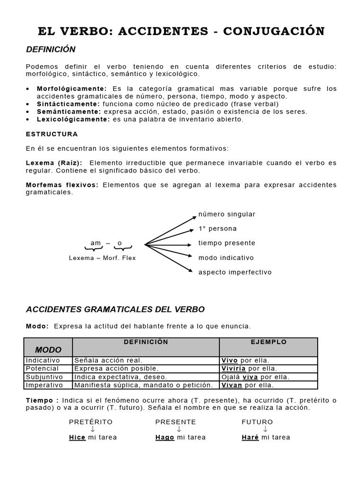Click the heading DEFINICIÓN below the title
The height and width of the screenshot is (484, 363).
click(51, 50)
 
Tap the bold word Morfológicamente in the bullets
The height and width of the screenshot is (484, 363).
click(72, 89)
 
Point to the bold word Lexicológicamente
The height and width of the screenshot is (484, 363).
click(74, 119)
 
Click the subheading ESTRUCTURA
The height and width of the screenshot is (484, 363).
click(52, 134)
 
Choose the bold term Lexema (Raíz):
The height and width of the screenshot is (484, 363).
click(54, 163)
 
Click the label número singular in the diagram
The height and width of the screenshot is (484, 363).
click(227, 214)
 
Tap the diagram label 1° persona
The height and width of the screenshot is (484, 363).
click(217, 229)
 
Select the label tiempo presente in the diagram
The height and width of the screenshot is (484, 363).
click(227, 243)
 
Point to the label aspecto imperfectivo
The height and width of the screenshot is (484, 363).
click(235, 272)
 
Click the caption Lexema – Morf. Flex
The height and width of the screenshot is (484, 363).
click(102, 258)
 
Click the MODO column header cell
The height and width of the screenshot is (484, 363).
click(48, 350)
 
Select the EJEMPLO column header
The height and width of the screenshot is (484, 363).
click(268, 342)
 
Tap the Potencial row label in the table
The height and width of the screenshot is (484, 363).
click(43, 369)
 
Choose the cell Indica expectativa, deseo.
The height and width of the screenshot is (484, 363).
click(121, 377)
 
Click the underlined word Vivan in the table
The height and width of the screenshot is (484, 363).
click(232, 385)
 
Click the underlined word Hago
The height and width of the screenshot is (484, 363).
click(165, 438)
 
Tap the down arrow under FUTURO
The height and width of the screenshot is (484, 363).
click(266, 429)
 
